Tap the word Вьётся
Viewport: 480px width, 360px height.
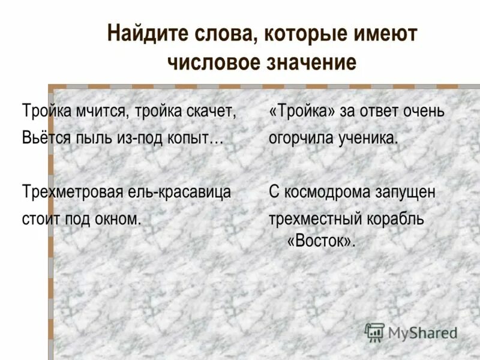click(47, 137)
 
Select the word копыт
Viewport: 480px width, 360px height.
click(195, 138)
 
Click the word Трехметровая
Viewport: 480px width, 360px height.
click(72, 193)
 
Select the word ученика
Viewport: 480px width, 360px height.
click(365, 138)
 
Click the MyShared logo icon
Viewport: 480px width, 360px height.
click(375, 332)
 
